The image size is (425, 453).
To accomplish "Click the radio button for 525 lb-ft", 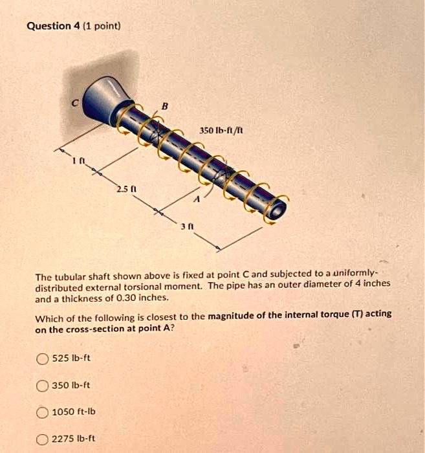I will tap(42, 359).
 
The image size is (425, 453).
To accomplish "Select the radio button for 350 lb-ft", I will tap(42, 385).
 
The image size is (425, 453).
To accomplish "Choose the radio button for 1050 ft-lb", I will tap(42, 412).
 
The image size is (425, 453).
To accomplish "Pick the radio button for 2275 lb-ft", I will tap(42, 438).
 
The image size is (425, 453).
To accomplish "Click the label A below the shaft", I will tap(199, 201).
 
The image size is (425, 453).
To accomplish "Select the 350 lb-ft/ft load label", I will tap(220, 131).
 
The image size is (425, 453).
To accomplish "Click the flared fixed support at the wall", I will tap(103, 96).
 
